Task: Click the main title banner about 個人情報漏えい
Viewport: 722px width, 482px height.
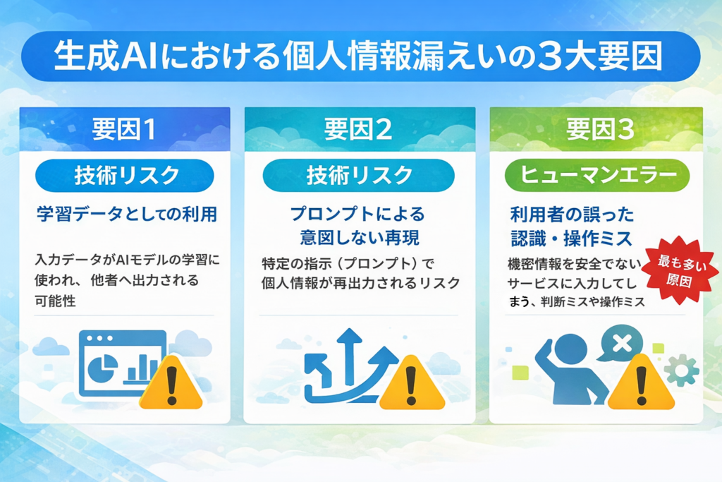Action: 360,56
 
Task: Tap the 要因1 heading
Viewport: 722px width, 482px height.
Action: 124,129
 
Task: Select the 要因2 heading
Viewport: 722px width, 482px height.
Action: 358,129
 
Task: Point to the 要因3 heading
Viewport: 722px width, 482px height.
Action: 601,129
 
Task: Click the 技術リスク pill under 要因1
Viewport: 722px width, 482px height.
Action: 124,176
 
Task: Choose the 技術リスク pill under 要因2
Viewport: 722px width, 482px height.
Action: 359,176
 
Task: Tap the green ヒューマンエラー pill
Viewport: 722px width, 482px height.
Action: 597,175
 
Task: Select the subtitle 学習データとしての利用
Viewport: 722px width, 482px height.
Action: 127,215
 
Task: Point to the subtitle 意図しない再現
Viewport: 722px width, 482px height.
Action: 360,238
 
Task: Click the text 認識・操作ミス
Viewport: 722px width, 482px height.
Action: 571,239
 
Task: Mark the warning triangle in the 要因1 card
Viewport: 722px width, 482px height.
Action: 171,382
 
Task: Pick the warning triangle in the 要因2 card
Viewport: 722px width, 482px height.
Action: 412,382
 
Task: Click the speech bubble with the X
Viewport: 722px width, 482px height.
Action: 620,343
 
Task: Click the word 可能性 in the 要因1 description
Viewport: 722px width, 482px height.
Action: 55,301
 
